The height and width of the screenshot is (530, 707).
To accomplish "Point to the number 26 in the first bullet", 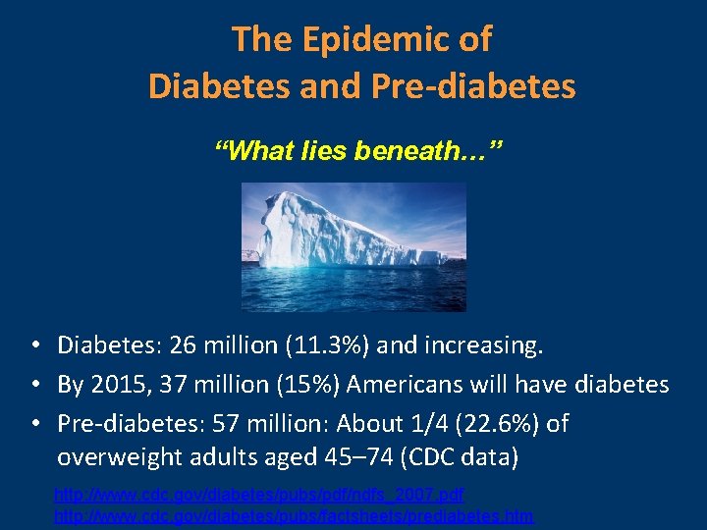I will pos(183,345).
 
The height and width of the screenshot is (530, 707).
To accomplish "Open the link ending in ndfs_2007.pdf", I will pos(259,493).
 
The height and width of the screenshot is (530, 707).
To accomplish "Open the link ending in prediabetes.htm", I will pos(294,514).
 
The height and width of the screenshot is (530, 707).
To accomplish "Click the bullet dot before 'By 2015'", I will pos(33,385).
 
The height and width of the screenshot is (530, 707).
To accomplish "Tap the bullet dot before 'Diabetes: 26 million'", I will pos(33,345).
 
